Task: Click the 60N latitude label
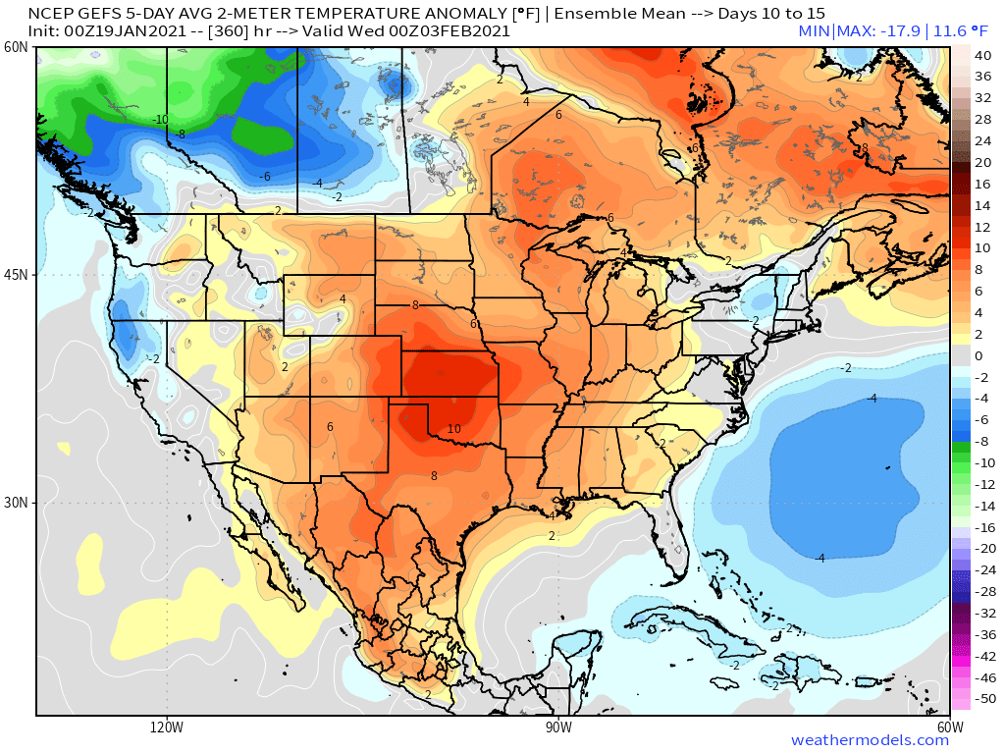(x=16, y=47)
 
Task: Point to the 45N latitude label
(x=16, y=275)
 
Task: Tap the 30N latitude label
(x=16, y=502)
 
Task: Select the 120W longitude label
(x=167, y=727)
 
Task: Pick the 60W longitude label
(x=949, y=727)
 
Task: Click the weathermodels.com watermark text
(x=870, y=740)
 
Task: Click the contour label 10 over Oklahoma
(x=453, y=429)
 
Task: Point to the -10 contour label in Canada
(x=160, y=120)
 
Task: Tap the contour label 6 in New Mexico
(x=330, y=426)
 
